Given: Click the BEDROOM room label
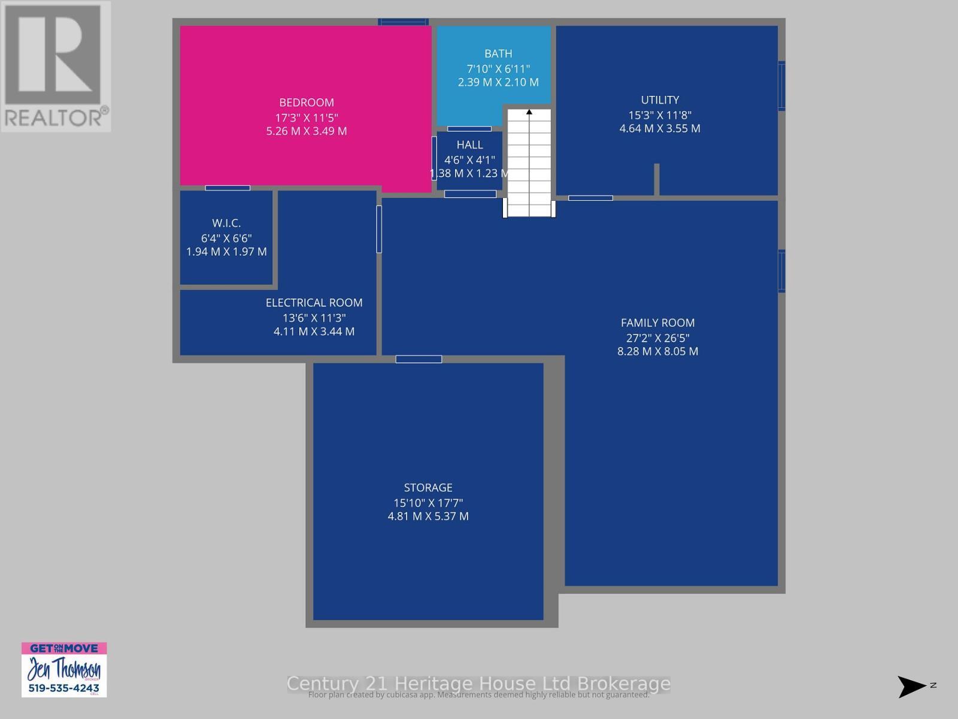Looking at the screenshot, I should [x=307, y=102].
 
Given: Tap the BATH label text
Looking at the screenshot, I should [x=498, y=54].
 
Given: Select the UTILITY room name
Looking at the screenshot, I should [x=660, y=100].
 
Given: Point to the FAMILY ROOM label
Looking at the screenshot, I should [x=657, y=323].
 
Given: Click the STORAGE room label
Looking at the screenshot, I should [x=428, y=488].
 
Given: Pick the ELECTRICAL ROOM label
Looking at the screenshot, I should [x=314, y=303].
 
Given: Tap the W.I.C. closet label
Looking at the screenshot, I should [x=226, y=223].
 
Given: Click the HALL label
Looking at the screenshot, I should [x=469, y=145].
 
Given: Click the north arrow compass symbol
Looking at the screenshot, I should [x=911, y=686].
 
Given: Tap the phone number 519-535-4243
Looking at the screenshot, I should [x=64, y=688].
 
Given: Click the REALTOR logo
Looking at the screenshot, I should [x=55, y=66].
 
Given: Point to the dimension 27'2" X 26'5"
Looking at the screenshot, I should [x=657, y=338].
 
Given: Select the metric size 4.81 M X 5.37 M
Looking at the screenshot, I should [x=428, y=516].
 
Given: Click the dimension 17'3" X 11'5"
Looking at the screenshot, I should [x=307, y=117].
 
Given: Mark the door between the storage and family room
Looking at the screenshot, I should [x=419, y=359].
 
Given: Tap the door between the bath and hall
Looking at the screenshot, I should [x=469, y=129].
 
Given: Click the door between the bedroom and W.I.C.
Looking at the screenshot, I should [x=228, y=188].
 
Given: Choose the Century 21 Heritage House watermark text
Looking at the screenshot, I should [x=478, y=684].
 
